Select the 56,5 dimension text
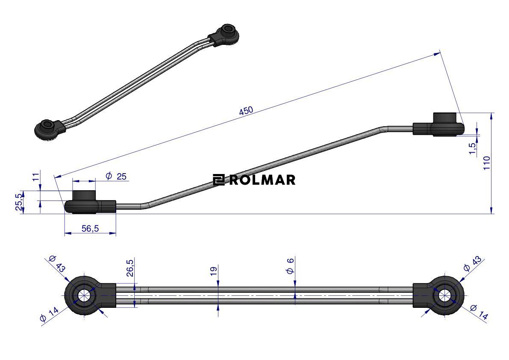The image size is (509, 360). (90, 229)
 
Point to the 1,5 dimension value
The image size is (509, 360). (473, 148)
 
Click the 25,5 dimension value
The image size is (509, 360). (19, 202)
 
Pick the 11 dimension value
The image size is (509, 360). (36, 177)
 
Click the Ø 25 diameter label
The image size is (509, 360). (116, 176)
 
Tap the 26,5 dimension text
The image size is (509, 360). (130, 268)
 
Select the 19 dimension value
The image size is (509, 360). (213, 271)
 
